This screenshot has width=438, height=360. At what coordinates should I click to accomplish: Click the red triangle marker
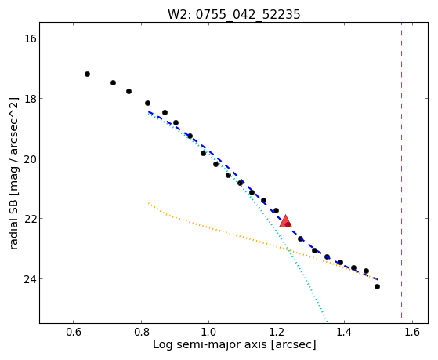[x=285, y=221]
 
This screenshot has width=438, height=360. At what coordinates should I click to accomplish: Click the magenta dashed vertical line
[x=402, y=170]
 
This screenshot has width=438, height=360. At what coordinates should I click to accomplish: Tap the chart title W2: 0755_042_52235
[x=233, y=14]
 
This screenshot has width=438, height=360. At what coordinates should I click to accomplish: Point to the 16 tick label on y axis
[x=30, y=38]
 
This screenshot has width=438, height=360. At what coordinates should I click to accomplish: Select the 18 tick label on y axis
[x=30, y=99]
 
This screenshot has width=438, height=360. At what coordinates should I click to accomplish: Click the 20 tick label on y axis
[x=30, y=158]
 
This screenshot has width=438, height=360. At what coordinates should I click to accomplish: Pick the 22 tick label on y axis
[x=30, y=219]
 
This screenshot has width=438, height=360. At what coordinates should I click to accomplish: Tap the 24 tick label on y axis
[x=30, y=279]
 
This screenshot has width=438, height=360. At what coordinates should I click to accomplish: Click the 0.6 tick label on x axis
[x=73, y=332]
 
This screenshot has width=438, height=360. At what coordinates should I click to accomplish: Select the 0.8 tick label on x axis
[x=141, y=332]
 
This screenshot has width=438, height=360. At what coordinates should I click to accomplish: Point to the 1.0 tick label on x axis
[x=208, y=332]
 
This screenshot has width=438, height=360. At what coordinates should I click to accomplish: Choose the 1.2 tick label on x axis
[x=277, y=332]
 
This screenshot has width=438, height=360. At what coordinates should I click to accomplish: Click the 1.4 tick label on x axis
[x=344, y=332]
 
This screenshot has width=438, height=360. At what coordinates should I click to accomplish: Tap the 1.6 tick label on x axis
[x=412, y=332]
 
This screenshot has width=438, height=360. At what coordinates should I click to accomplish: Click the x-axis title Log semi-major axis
[x=210, y=345]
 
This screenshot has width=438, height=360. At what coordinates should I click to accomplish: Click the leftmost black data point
[x=87, y=75]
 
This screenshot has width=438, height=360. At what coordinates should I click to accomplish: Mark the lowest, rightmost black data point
[x=377, y=287]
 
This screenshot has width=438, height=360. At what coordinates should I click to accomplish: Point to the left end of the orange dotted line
[x=149, y=203]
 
